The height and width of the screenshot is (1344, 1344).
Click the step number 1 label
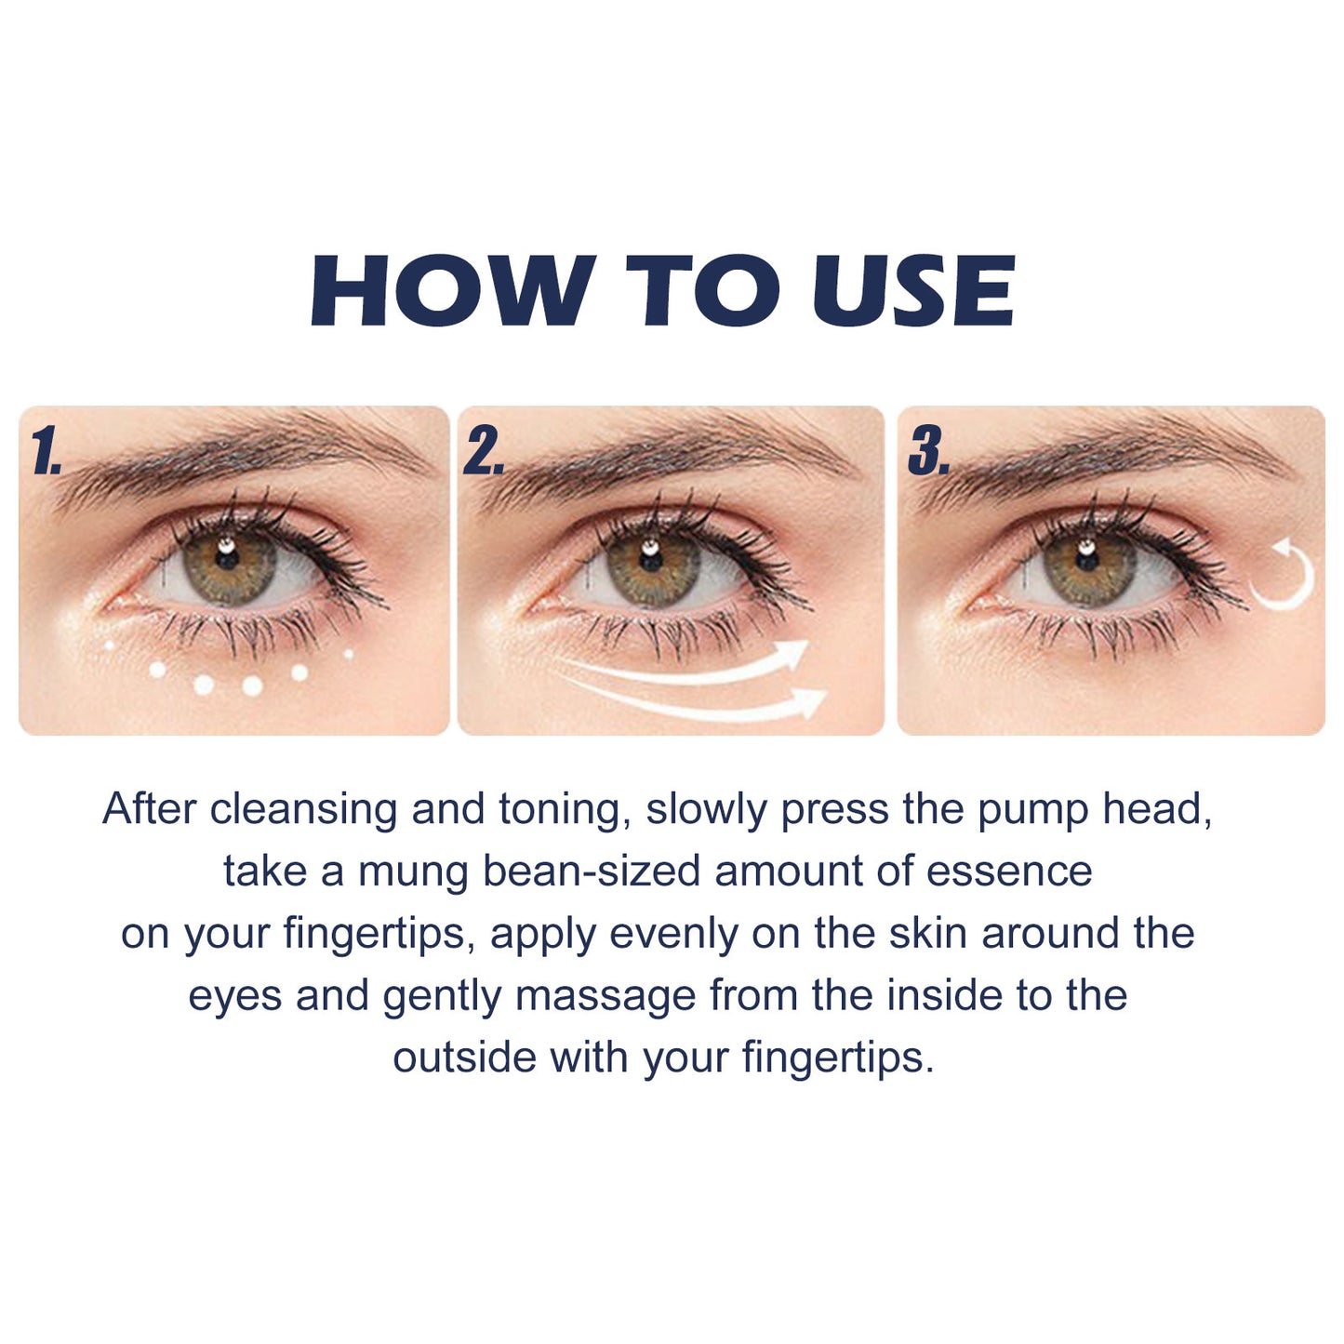click(45, 453)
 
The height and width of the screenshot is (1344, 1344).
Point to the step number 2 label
click(483, 453)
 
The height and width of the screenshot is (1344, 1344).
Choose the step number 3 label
click(927, 453)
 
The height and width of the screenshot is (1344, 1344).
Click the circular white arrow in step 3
click(1285, 574)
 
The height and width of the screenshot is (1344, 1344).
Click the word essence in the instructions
click(1009, 872)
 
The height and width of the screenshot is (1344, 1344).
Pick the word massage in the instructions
click(605, 996)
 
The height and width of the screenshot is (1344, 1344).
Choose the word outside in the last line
click(464, 1058)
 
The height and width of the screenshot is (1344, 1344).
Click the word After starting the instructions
click(150, 809)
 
